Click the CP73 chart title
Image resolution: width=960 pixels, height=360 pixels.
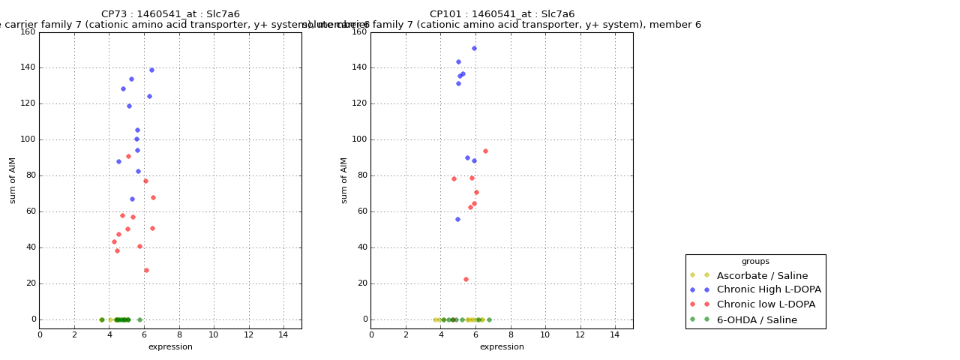click(170, 14)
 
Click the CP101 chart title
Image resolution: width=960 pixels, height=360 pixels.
click(502, 14)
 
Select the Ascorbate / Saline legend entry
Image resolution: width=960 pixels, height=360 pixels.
click(762, 276)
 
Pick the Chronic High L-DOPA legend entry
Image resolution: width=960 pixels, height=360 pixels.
click(769, 290)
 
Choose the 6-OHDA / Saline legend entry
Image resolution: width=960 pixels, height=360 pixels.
click(757, 320)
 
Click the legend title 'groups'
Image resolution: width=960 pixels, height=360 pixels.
click(755, 262)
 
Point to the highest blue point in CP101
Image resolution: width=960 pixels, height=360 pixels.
click(474, 48)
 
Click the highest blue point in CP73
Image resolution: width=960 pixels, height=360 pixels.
click(151, 70)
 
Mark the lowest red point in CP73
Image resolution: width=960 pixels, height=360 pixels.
click(146, 270)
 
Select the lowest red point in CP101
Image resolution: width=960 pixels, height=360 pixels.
click(466, 279)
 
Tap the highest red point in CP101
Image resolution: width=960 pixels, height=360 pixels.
click(485, 151)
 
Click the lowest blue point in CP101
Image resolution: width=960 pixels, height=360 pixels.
click(457, 219)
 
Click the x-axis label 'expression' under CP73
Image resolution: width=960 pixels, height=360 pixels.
click(170, 347)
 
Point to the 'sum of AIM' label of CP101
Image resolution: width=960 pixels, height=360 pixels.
click(344, 180)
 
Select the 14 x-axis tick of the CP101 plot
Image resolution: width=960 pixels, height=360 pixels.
click(615, 334)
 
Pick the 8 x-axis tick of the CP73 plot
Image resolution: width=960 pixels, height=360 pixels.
click(179, 334)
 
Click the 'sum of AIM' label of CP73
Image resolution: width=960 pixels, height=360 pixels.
click(13, 180)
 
